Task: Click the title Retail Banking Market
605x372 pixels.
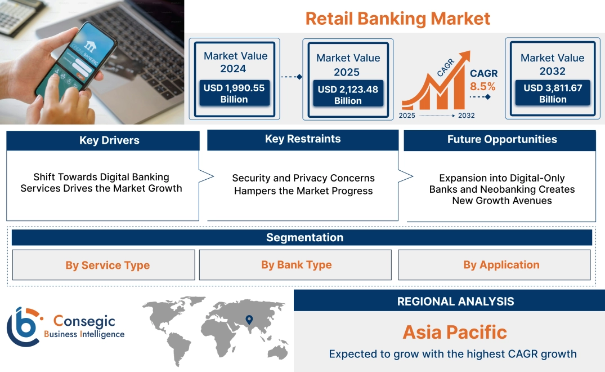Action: click(397, 18)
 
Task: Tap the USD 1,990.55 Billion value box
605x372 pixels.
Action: click(234, 94)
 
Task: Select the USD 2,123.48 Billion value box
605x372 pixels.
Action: click(347, 95)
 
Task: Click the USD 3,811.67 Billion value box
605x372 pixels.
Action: click(552, 94)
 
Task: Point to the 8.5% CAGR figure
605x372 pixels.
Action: click(483, 86)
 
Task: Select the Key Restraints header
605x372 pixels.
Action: click(303, 139)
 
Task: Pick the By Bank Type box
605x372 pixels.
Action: click(296, 265)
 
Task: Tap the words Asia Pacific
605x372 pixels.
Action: click(455, 332)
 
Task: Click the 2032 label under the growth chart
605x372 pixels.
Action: click(466, 116)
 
